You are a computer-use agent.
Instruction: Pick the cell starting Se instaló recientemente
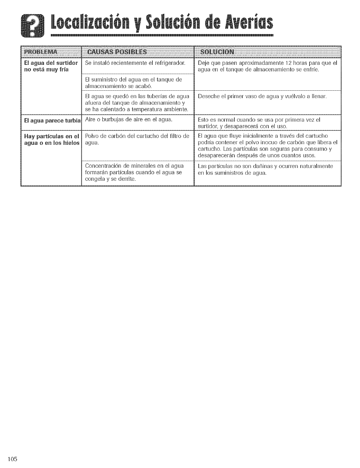(x=135, y=63)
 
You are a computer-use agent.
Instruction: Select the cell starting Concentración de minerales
(x=134, y=172)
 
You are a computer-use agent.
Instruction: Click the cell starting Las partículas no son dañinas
(x=265, y=169)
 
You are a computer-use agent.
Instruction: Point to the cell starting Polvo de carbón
(x=137, y=139)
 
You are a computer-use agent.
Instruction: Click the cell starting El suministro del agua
(x=133, y=83)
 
